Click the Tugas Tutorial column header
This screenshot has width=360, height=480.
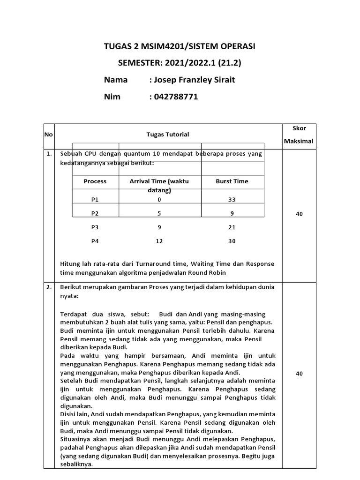click(168, 135)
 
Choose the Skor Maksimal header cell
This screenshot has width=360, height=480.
click(300, 135)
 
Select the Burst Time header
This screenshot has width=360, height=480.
click(232, 181)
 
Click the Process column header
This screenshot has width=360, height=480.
click(95, 181)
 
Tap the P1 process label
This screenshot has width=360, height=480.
click(95, 199)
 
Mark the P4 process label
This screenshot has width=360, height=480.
click(95, 241)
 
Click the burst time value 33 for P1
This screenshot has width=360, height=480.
click(232, 199)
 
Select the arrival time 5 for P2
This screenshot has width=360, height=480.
click(159, 213)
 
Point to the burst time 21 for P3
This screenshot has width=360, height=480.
click(232, 227)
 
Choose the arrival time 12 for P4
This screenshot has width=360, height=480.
click(159, 241)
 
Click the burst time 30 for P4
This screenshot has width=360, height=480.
click(232, 241)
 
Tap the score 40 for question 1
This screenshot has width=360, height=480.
click(300, 214)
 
